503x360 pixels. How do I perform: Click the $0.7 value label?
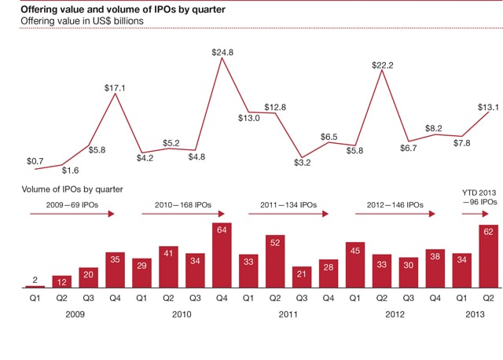(x=35, y=161)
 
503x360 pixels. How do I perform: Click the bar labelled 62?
(x=489, y=256)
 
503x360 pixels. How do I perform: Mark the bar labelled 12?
(x=62, y=281)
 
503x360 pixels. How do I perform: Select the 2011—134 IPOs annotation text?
(x=288, y=204)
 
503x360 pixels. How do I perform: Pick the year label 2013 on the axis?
(x=475, y=313)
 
